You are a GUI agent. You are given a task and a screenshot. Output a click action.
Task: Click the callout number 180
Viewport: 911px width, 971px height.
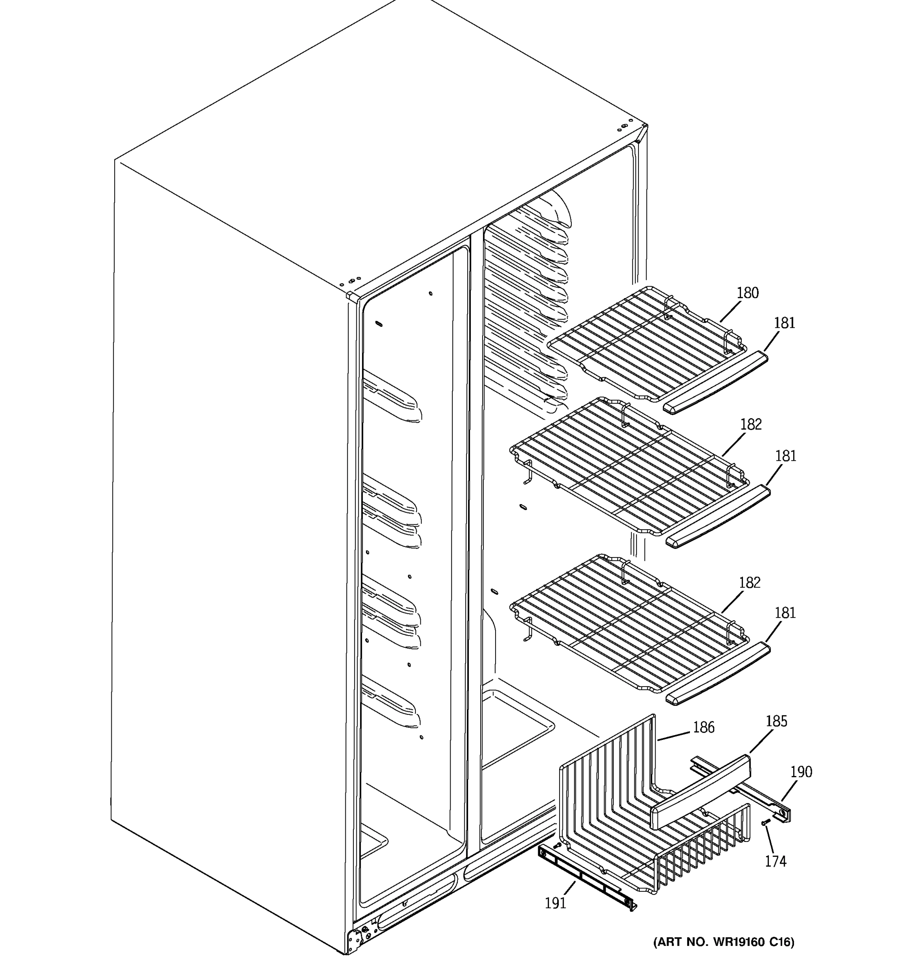click(x=747, y=293)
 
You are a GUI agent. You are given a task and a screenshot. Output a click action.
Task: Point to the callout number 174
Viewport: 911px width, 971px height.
click(x=775, y=861)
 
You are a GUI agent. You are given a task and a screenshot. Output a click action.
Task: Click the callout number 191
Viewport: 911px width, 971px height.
click(x=555, y=903)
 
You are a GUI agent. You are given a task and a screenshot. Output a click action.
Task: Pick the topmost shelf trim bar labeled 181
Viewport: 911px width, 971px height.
click(x=715, y=382)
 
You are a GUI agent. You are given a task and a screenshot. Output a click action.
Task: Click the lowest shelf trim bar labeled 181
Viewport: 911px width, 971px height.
click(x=717, y=674)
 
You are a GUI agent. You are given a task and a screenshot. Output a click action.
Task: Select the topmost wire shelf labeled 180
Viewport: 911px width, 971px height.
click(x=645, y=342)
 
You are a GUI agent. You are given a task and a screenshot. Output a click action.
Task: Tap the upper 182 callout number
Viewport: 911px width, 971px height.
click(x=751, y=424)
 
